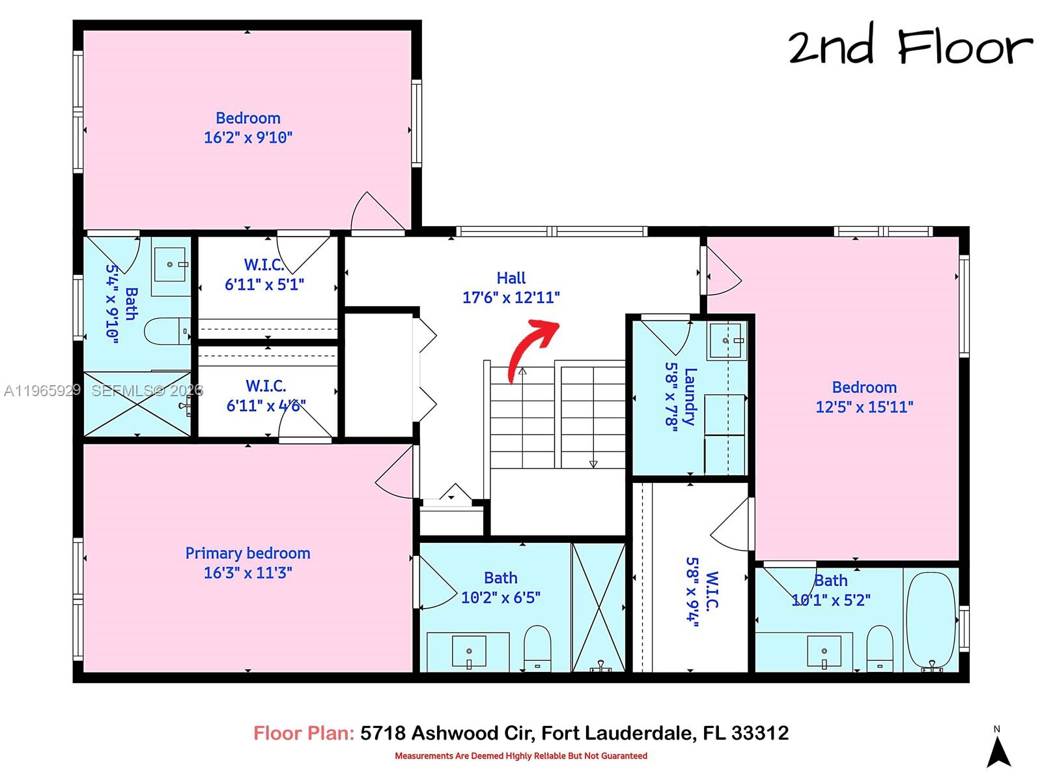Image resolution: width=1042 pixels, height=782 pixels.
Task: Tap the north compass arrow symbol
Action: point(998,753)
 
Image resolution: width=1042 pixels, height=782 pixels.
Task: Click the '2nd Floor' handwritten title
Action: point(910,47)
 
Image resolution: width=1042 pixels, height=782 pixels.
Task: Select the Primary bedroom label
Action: point(247,553)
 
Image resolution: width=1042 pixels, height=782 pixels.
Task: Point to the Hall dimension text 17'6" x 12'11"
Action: point(511,298)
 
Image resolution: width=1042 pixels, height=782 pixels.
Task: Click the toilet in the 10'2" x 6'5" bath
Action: point(537,647)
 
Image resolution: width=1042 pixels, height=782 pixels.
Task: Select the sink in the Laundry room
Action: point(725,340)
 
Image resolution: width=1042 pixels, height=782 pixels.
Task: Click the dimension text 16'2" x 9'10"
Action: point(248,138)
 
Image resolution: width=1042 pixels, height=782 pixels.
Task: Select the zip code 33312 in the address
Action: point(760,733)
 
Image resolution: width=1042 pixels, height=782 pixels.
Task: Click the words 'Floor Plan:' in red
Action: point(303,733)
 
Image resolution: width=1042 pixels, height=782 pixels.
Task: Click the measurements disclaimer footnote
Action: point(521,756)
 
